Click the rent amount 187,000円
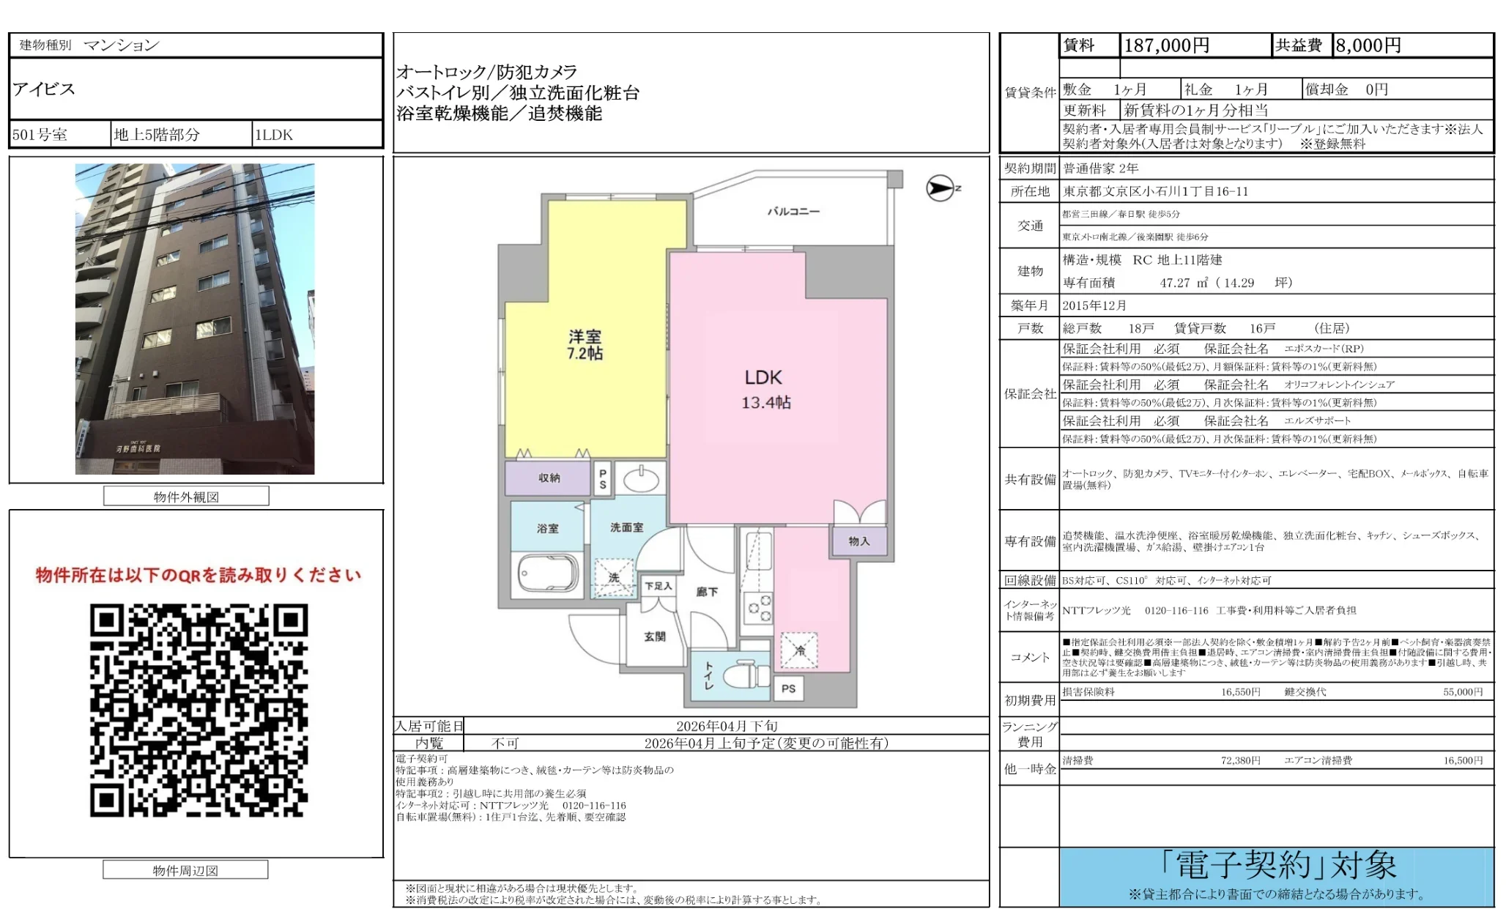[x=1166, y=45]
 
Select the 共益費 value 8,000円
[x=1368, y=45]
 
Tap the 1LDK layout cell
[x=274, y=135]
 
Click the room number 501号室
[x=40, y=135]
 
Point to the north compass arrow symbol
[x=941, y=188]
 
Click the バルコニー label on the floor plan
[x=793, y=212]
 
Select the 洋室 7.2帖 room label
[x=585, y=344]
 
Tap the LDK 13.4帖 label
[x=765, y=389]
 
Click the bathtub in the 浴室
[x=548, y=572]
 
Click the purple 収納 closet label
[x=549, y=478]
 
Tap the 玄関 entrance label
[x=654, y=637]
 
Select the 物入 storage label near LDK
[x=859, y=541]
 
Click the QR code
[x=199, y=710]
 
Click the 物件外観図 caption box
[x=186, y=497]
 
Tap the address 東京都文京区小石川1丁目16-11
[x=1155, y=191]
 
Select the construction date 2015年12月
[x=1094, y=305]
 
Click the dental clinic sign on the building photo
[x=138, y=448]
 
